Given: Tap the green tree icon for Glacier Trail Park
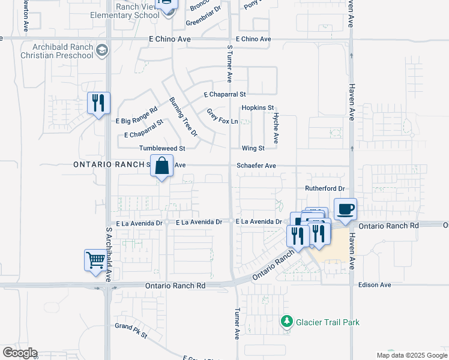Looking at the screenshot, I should tap(288, 322).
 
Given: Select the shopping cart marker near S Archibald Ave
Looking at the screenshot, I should tap(95, 261).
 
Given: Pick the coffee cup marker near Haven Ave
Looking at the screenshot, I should tap(345, 210).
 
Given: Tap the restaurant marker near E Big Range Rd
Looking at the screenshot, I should tap(98, 103).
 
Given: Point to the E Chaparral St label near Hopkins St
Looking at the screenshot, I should tap(225, 95).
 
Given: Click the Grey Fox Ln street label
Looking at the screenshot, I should tap(223, 117).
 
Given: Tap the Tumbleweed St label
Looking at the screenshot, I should tap(162, 148).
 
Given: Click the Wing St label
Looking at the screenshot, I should tap(253, 148).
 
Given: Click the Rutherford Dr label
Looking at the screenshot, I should tap(325, 188).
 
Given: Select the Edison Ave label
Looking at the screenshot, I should tap(375, 285).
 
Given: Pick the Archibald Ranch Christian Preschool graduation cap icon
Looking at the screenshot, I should tap(101, 49).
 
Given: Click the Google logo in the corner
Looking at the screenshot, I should tap(19, 353).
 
